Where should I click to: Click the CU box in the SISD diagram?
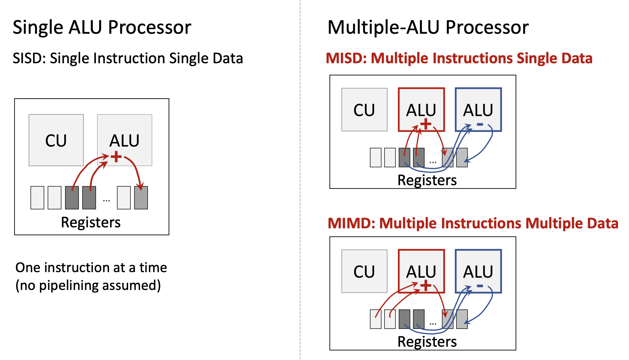[x=56, y=140]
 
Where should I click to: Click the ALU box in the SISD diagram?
[x=125, y=140]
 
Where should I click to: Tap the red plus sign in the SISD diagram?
[x=116, y=157]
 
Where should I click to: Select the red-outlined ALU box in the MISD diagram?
[x=421, y=109]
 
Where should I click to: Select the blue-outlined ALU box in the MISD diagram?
[x=478, y=109]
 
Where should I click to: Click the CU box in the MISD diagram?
[x=364, y=110]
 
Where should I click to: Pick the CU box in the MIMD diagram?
[x=364, y=271]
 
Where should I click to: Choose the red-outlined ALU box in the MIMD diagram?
[x=421, y=271]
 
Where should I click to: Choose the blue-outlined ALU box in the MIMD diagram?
[x=478, y=271]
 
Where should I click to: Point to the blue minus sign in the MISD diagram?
[x=480, y=125]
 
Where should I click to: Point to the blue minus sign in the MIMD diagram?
[x=480, y=286]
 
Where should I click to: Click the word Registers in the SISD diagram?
[x=91, y=222]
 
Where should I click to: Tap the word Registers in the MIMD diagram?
[x=427, y=342]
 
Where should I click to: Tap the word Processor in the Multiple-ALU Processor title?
[x=487, y=27]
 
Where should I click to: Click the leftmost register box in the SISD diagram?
[x=37, y=198]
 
